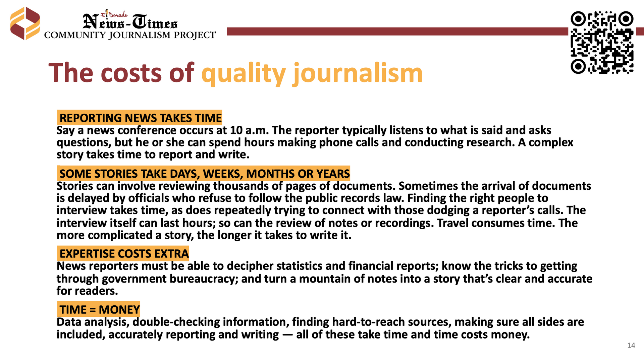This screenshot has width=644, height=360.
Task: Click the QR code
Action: (602, 43)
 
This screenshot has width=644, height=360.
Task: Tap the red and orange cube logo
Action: (25, 23)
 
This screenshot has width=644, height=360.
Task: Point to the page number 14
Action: (631, 346)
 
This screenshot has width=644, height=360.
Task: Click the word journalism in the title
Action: (358, 73)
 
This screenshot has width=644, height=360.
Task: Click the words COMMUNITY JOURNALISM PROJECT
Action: (130, 35)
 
